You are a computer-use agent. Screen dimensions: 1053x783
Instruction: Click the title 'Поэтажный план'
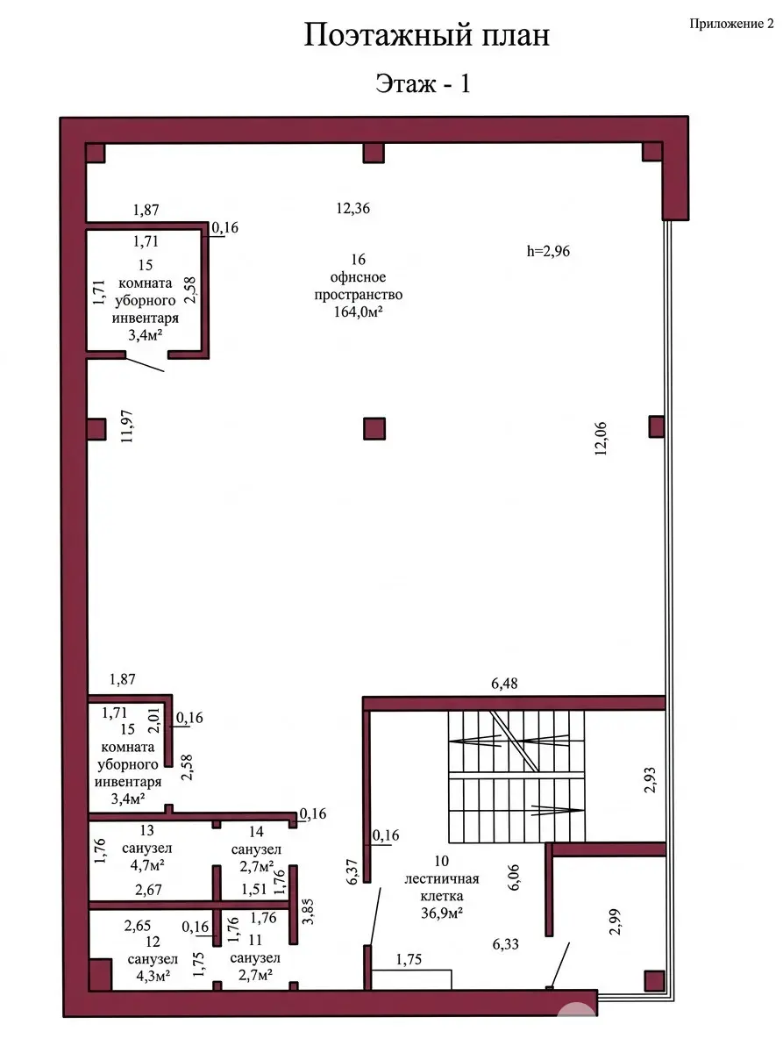point(427,36)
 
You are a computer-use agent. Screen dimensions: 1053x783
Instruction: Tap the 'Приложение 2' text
point(731,25)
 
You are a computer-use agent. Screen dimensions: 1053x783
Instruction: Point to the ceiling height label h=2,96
point(549,250)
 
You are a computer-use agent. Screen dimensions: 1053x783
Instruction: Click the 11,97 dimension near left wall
point(126,429)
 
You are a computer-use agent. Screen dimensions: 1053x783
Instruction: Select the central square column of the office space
point(374,428)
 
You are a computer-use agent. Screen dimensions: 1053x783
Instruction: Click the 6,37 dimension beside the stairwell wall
point(353,877)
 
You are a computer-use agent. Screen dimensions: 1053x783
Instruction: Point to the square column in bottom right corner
point(652,980)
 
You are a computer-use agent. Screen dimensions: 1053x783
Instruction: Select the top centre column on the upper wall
point(374,153)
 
